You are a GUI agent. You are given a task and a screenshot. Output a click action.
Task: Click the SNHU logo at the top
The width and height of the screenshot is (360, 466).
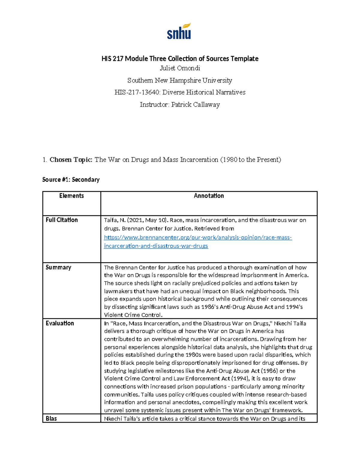point(179,32)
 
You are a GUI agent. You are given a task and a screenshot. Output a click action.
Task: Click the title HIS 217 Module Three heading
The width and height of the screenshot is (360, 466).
point(180,59)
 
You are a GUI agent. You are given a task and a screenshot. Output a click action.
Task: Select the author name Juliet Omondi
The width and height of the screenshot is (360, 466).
point(180,68)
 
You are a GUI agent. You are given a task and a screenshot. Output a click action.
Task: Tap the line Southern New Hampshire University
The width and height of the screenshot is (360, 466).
point(180,80)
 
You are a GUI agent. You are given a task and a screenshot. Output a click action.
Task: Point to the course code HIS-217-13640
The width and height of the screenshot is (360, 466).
point(137,92)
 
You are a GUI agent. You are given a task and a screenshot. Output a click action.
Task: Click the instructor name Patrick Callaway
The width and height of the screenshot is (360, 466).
point(195,104)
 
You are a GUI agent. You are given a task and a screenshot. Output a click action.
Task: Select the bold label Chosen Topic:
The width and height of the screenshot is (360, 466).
point(71,160)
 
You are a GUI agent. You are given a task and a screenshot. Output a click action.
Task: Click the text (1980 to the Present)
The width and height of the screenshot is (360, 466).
point(250,160)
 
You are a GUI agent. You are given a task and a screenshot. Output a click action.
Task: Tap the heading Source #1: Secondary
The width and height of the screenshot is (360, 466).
point(71,179)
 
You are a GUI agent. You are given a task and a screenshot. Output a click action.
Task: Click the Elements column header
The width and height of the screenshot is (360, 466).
point(71,196)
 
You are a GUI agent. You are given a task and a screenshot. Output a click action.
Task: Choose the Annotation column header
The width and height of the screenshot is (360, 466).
point(209,196)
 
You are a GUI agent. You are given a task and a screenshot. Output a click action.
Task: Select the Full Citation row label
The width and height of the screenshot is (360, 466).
point(61,220)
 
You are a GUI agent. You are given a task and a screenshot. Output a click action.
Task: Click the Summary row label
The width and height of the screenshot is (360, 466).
point(58,267)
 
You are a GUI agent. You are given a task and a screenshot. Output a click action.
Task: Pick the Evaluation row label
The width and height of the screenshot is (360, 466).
point(60,323)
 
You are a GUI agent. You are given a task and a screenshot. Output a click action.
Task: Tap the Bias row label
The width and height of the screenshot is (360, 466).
point(51,419)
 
